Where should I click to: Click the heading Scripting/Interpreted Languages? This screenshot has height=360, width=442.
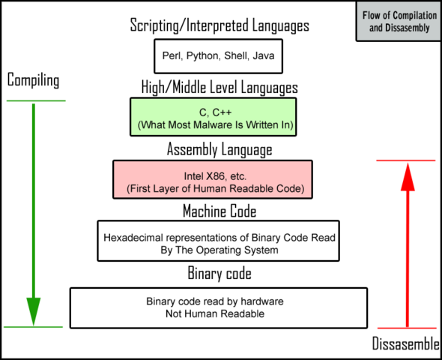click(220, 27)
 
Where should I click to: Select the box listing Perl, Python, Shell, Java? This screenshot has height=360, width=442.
click(220, 55)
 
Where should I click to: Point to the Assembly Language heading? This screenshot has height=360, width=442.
click(220, 149)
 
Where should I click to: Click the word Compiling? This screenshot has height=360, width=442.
click(33, 80)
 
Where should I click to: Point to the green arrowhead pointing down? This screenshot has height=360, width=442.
click(33, 309)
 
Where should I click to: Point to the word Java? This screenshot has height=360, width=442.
click(264, 55)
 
